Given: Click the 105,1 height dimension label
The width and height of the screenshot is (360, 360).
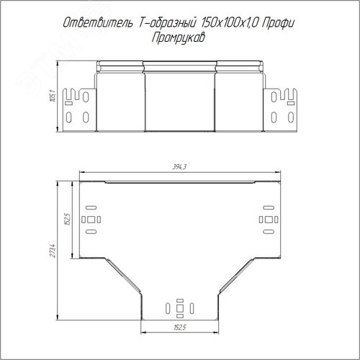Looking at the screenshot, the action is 53,96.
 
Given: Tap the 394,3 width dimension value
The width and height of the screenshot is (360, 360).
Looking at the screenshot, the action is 179,167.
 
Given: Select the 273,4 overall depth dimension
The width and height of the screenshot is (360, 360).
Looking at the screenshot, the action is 53,251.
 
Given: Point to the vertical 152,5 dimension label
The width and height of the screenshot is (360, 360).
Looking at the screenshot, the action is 68,219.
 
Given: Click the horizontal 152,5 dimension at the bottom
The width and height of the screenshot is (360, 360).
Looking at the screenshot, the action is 180,328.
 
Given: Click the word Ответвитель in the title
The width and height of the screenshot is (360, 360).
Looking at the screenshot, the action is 98,23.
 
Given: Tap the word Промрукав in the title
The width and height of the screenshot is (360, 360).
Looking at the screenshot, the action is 179,38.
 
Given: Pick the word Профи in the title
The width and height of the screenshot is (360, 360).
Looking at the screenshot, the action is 278,23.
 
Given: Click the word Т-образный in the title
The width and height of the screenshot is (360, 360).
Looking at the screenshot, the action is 168,23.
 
